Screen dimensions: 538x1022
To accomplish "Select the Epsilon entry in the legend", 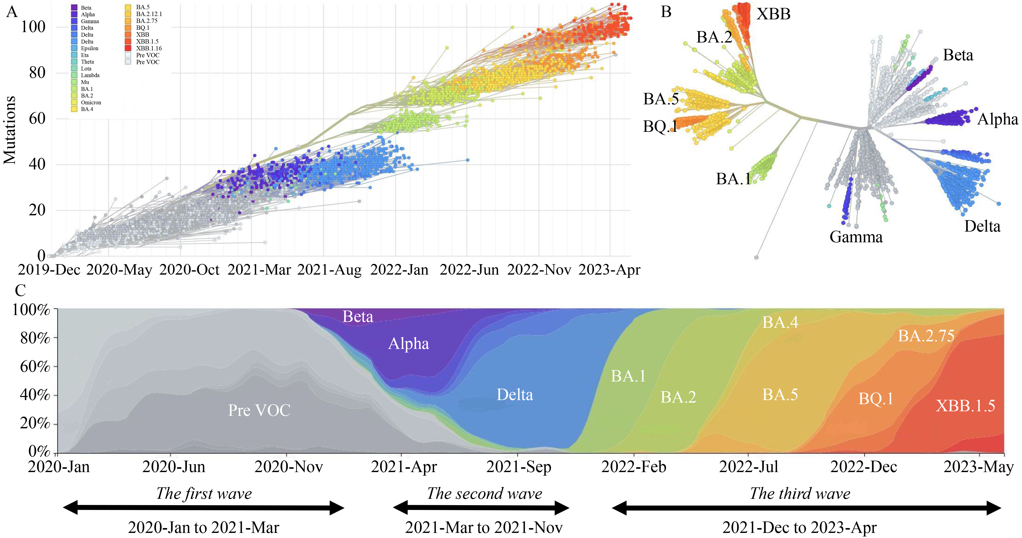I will pyautogui.click(x=89, y=48).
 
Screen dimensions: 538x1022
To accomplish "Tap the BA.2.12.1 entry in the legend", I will pyautogui.click(x=149, y=14).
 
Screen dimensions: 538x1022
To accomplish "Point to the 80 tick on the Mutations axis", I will pyautogui.click(x=37, y=73).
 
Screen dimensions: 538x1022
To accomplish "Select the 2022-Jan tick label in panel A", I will pyautogui.click(x=399, y=270).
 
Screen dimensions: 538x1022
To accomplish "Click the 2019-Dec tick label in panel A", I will pyautogui.click(x=49, y=270).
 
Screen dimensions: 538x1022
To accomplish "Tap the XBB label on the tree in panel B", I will pyautogui.click(x=773, y=14).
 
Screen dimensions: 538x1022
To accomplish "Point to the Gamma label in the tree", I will pyautogui.click(x=856, y=237).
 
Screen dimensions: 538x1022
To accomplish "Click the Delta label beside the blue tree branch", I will pyautogui.click(x=982, y=226).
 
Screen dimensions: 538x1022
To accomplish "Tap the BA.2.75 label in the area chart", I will pyautogui.click(x=926, y=336).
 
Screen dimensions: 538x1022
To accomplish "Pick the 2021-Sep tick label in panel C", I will pyautogui.click(x=519, y=467).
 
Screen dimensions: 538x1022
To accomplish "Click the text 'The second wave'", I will pyautogui.click(x=485, y=493).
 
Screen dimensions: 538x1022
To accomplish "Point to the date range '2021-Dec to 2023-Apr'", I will pyautogui.click(x=799, y=528).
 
